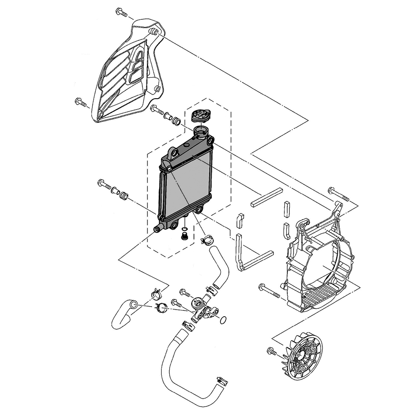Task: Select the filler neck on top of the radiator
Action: click(201, 134)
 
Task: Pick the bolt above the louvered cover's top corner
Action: click(121, 13)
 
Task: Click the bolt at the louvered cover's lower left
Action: click(80, 102)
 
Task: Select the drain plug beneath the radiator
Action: click(184, 237)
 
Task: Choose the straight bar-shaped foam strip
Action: click(266, 197)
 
